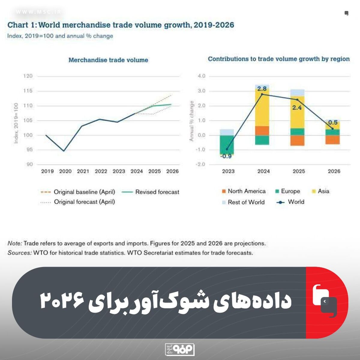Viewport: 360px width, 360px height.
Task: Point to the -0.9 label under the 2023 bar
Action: tap(226, 156)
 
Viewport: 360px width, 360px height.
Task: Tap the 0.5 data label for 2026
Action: tap(333, 123)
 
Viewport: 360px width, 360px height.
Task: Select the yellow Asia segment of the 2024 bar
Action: tap(262, 107)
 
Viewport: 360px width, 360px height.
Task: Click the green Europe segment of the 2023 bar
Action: tap(227, 145)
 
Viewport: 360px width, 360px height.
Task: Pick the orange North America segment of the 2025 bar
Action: tap(297, 140)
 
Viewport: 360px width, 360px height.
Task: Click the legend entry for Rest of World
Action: tap(243, 202)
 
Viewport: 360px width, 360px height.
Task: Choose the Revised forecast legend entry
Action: tap(150, 192)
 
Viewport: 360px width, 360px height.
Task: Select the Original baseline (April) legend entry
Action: tap(78, 192)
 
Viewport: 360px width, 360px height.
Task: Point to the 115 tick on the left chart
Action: tap(28, 91)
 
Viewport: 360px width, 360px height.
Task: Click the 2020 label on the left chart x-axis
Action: tap(65, 171)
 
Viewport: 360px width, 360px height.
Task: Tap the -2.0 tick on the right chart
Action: tap(200, 164)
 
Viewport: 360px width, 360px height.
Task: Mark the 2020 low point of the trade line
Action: tap(64, 151)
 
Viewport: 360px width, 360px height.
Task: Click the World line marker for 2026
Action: tap(332, 128)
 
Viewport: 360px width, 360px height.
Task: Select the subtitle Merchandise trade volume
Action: tap(108, 60)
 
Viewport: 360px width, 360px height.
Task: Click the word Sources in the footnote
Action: tap(19, 253)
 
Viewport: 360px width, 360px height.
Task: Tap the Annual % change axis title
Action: tap(191, 121)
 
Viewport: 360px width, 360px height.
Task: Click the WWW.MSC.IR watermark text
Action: tap(38, 12)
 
